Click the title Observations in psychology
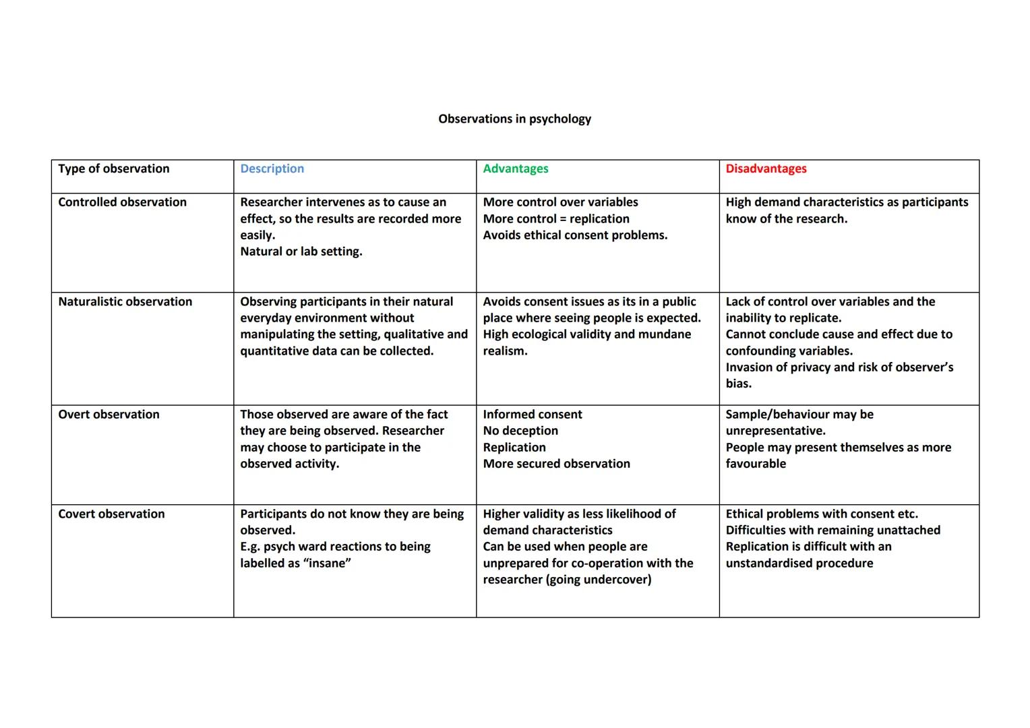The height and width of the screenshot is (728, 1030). tap(514, 119)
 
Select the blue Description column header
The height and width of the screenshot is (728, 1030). tap(272, 169)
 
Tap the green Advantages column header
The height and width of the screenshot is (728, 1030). tap(515, 169)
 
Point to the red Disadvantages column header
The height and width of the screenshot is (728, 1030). tap(766, 169)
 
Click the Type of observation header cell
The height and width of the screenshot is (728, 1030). tap(113, 169)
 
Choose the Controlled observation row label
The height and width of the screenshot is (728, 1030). tap(122, 202)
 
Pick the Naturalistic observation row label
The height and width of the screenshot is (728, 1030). tap(125, 302)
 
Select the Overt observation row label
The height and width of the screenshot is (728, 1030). tap(109, 415)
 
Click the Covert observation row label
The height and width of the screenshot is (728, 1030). tap(111, 514)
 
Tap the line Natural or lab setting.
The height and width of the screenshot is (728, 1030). tap(301, 251)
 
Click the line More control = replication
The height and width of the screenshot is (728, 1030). tap(555, 219)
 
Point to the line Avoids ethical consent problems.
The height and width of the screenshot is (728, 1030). tap(575, 235)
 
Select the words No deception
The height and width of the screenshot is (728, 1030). tap(520, 431)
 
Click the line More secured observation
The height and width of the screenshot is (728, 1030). tap(556, 464)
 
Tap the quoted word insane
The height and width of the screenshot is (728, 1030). tap(330, 564)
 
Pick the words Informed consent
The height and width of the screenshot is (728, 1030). tap(532, 415)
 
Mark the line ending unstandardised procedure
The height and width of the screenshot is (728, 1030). tap(799, 564)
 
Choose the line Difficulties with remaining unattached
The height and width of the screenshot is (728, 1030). tap(832, 530)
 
